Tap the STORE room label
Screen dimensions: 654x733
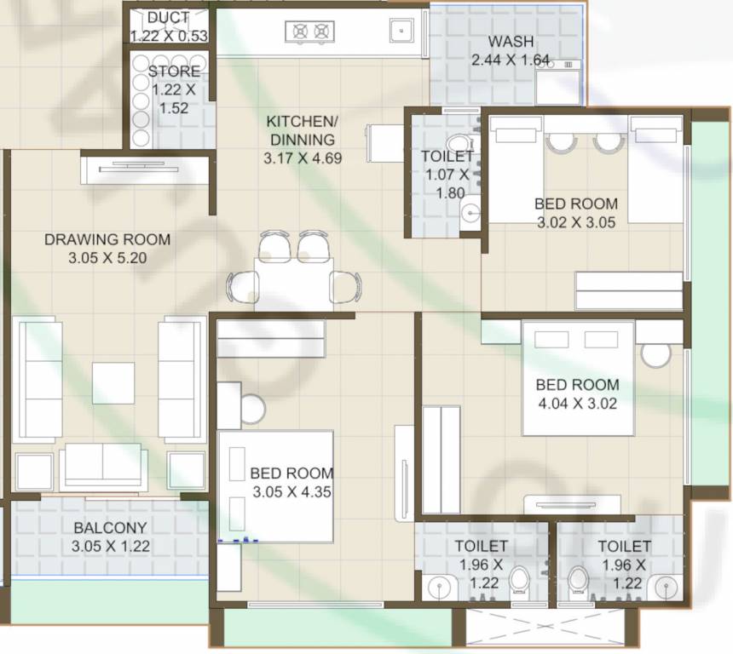pyautogui.click(x=174, y=72)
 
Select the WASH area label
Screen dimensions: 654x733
pyautogui.click(x=511, y=42)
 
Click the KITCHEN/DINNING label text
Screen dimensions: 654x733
pyautogui.click(x=302, y=130)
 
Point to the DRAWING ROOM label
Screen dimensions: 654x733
pyautogui.click(x=107, y=239)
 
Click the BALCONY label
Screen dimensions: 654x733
pyautogui.click(x=110, y=528)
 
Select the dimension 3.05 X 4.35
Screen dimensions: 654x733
pyautogui.click(x=291, y=491)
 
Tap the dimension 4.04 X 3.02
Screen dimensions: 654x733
pyautogui.click(x=577, y=403)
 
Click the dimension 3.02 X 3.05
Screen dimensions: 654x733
pyautogui.click(x=576, y=222)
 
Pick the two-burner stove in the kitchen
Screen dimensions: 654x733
pyautogui.click(x=309, y=32)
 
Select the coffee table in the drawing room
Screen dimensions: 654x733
pyautogui.click(x=113, y=383)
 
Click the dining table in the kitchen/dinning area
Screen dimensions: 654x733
pyautogui.click(x=293, y=281)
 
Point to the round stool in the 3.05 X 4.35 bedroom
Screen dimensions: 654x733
pyautogui.click(x=254, y=409)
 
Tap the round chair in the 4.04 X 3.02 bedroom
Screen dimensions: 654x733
pyautogui.click(x=656, y=354)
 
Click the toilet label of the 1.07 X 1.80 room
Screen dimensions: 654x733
pyautogui.click(x=447, y=156)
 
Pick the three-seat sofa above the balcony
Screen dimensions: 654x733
pyautogui.click(x=102, y=464)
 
